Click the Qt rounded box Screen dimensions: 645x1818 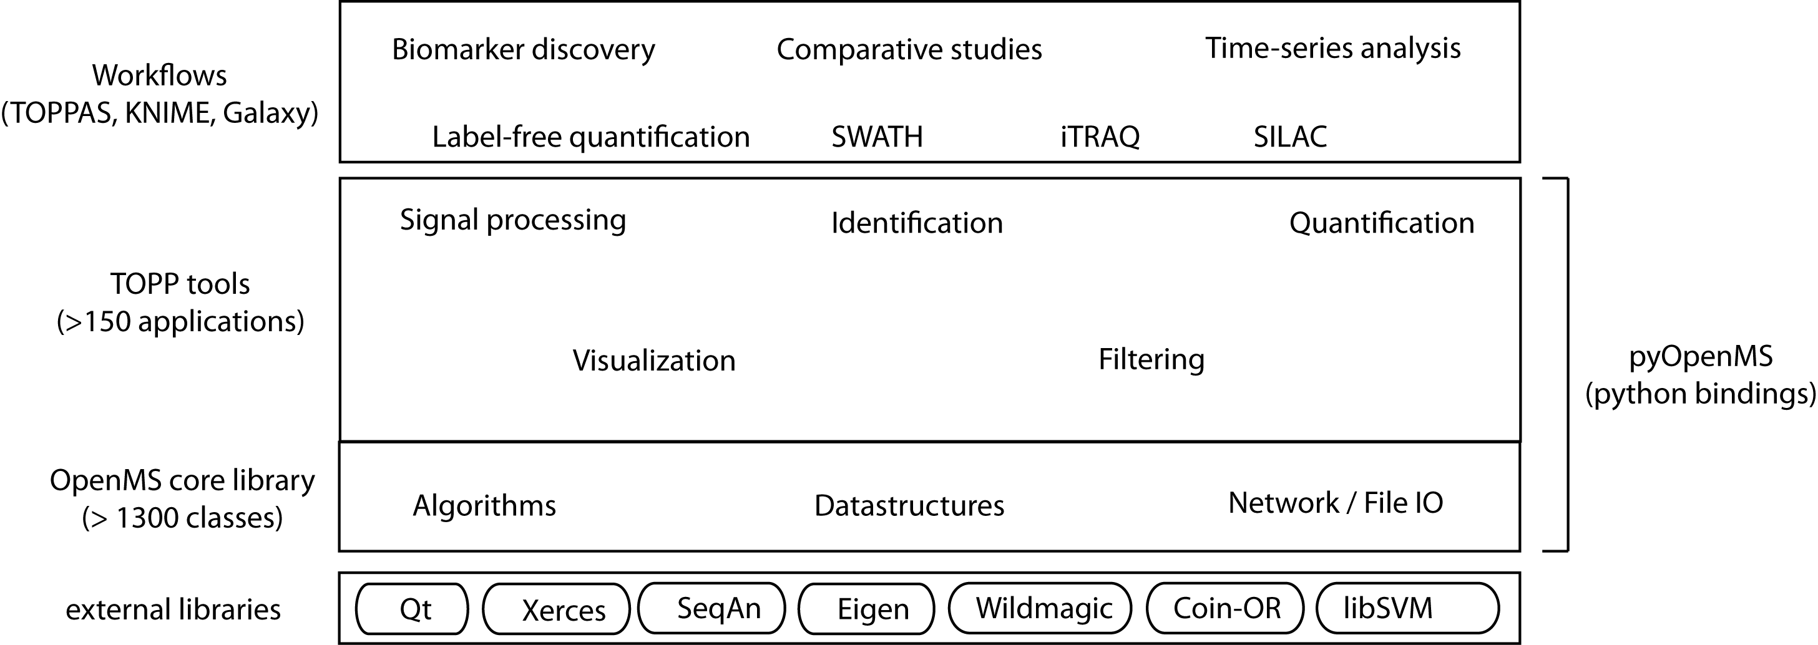[x=412, y=608]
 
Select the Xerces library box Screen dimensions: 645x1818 [x=556, y=609]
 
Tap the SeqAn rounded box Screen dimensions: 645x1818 [x=711, y=608]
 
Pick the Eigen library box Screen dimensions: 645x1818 [x=867, y=609]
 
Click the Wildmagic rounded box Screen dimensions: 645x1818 [x=1040, y=608]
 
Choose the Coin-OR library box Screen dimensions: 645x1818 [x=1224, y=608]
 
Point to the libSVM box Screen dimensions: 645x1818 [x=1407, y=608]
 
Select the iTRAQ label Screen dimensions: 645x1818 [x=1100, y=137]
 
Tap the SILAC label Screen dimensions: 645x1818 [x=1290, y=137]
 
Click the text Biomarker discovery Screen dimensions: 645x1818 [x=523, y=49]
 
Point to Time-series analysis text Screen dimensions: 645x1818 [x=1332, y=48]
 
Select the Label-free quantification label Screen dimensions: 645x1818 [x=590, y=137]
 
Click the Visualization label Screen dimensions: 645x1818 [x=653, y=361]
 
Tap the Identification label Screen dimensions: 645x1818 [x=917, y=223]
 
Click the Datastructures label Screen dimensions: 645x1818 [x=909, y=506]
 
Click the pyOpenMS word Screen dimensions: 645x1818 [x=1701, y=356]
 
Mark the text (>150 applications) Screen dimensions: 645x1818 [x=180, y=322]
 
